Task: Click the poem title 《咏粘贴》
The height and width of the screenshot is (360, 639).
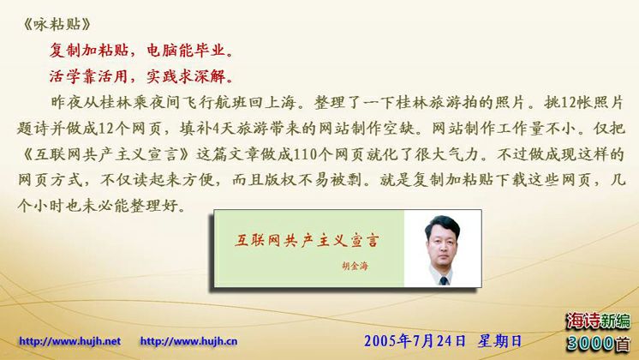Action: coord(57,25)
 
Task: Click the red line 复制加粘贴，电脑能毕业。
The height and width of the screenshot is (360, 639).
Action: coord(141,51)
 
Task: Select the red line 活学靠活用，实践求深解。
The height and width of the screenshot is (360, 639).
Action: coord(141,76)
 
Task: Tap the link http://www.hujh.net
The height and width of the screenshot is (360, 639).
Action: coord(69,341)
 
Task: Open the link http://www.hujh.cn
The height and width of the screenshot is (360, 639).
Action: coord(188,341)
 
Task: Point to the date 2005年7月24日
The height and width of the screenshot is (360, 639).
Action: coord(415,341)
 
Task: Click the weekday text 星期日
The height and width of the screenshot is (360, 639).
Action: coord(499,341)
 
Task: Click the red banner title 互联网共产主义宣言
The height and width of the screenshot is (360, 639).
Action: coord(307,241)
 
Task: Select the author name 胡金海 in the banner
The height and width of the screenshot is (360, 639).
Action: coord(355,267)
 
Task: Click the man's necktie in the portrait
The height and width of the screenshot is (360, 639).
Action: coord(444,280)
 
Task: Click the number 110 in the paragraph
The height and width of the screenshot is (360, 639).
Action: coord(305,154)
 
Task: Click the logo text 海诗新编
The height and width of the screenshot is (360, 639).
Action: coord(599,321)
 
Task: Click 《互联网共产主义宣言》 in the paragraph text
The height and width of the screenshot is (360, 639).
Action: coord(105,154)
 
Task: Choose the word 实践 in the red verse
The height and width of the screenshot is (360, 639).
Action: coord(162,76)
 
